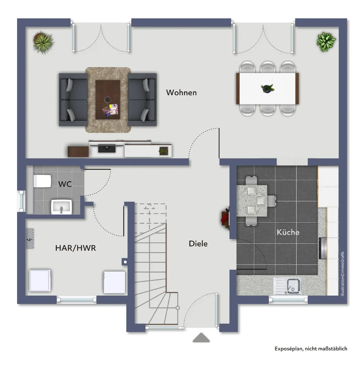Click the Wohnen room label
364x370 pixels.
181,92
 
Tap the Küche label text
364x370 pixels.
288,232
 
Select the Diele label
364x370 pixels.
198,244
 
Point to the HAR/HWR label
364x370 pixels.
75,248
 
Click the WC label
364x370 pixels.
65,184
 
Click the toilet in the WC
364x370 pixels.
42,181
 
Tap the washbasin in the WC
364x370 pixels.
62,207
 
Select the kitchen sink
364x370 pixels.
288,286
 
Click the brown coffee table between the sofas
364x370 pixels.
108,100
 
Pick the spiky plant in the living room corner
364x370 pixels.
43,42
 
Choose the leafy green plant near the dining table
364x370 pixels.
326,42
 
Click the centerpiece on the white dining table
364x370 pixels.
267,88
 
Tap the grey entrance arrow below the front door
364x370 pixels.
201,337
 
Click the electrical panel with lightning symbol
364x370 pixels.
30,238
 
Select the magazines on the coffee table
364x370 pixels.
110,110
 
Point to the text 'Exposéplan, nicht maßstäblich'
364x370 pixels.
311,348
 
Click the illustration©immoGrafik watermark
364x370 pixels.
342,273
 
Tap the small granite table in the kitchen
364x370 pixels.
252,201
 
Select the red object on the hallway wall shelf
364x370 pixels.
224,218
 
